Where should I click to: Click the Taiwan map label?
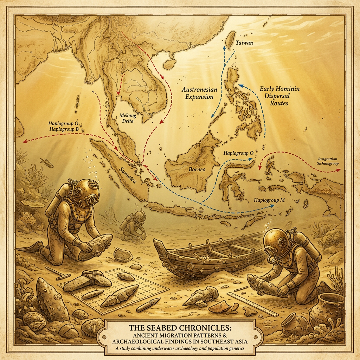click(245, 43)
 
